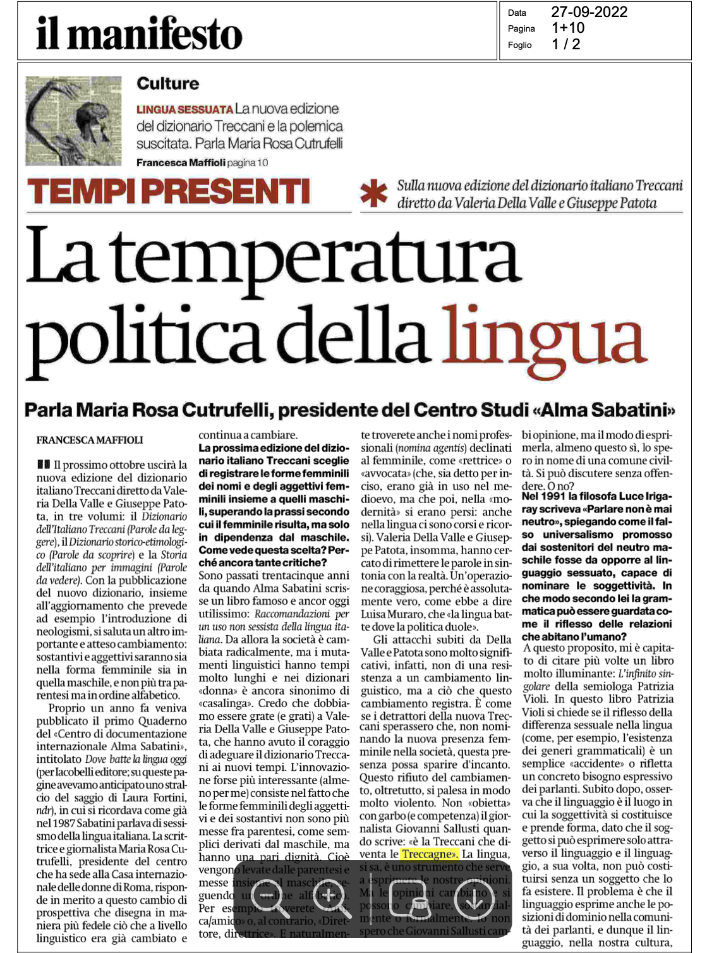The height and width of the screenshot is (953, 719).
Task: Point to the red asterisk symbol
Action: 374,195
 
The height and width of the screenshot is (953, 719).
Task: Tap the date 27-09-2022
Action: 589,12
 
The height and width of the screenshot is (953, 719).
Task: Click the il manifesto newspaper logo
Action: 139,32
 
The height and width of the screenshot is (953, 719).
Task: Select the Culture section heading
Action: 167,83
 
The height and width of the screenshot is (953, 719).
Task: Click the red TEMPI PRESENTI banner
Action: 169,191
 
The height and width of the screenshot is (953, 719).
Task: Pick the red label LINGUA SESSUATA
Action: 184,109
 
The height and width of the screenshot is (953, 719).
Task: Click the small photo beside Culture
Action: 73,121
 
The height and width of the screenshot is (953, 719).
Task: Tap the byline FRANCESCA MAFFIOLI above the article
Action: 90,440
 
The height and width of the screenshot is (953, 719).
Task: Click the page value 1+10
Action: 567,28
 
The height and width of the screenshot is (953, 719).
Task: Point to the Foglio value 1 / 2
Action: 565,44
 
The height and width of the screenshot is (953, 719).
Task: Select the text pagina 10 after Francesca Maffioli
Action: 247,163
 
